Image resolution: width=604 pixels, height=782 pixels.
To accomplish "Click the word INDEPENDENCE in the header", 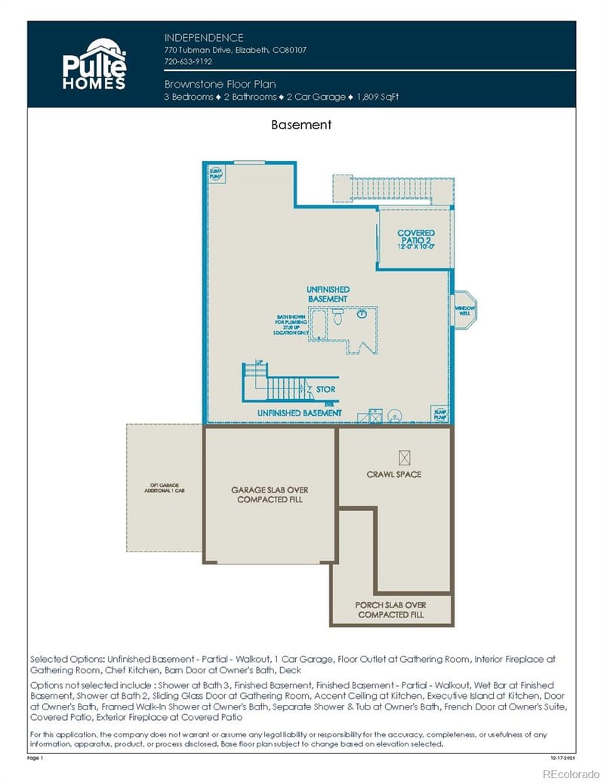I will [204, 37].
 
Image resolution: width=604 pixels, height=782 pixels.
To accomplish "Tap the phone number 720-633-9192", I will [188, 61].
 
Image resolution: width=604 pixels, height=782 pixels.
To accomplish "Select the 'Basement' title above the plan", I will [301, 125].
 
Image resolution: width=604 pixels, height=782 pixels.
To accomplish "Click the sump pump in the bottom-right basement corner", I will [439, 413].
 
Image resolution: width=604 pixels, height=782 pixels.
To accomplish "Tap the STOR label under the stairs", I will [325, 390].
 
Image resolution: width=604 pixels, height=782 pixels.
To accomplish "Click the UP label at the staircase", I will [260, 363].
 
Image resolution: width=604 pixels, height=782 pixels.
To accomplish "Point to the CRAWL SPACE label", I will [393, 474].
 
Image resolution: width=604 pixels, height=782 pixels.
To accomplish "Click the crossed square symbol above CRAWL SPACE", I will [405, 456].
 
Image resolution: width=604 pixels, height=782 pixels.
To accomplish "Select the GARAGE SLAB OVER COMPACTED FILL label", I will [270, 495].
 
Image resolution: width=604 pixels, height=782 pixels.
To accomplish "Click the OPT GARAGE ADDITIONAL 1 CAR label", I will [165, 489].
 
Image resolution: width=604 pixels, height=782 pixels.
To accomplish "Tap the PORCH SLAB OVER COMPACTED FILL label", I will [391, 610].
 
